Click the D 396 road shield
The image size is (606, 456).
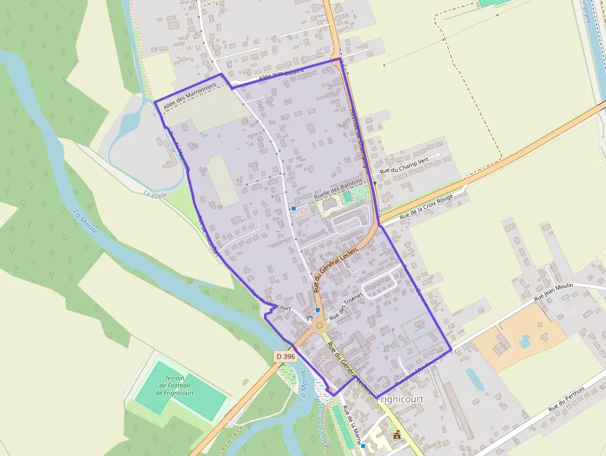pos(285,356)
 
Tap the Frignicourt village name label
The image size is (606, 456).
pos(400,399)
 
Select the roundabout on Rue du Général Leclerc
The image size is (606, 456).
pos(319,325)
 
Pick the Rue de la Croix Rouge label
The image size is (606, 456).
pos(426,207)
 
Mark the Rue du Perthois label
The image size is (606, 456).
pos(567,402)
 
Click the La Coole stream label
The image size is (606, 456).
pos(155,194)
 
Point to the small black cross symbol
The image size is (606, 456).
pos(375,184)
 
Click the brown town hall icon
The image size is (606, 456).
pos(396,436)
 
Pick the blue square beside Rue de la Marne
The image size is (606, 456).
pos(363,446)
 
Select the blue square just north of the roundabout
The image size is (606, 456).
pos(318,310)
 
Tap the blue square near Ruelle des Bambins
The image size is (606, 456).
pos(294,209)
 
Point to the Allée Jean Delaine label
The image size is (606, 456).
pos(281,75)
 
